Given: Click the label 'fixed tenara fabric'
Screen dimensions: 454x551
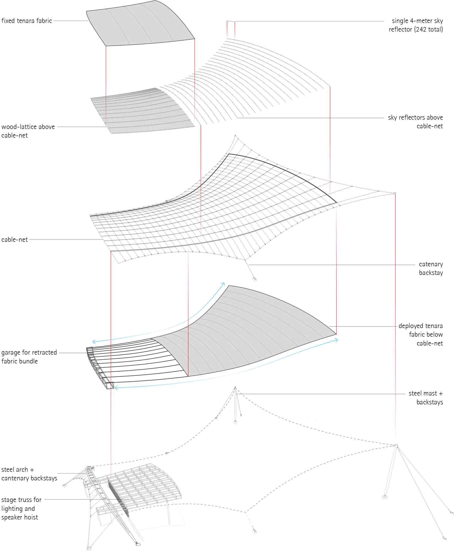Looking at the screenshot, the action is pos(27,21).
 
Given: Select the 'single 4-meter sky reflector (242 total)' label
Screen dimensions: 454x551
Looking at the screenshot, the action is pos(416,25).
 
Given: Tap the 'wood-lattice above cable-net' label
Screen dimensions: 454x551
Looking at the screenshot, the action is pos(28,131).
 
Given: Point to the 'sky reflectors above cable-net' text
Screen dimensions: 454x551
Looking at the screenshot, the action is pos(415,122).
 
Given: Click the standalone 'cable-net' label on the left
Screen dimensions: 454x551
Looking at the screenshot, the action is pos(15,240).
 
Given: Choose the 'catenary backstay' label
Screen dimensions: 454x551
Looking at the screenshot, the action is pos(431,269).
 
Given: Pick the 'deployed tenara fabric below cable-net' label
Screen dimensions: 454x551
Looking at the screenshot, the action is pos(421,334).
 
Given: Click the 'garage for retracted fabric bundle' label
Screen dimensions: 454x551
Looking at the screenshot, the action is pos(29,357).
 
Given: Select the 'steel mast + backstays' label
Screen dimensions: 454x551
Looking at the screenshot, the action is pos(426,398).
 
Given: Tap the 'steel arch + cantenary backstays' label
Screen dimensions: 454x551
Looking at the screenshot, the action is pos(29,474).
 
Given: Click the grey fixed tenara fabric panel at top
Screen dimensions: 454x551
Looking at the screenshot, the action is pos(140,25).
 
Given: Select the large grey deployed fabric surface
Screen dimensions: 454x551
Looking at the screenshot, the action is pos(248,331).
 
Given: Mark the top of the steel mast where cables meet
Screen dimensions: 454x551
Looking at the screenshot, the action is pos(235,387).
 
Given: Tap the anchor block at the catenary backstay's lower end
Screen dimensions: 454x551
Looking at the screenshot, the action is pos(255,280).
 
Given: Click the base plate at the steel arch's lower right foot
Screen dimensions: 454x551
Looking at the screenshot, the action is pos(138,544).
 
